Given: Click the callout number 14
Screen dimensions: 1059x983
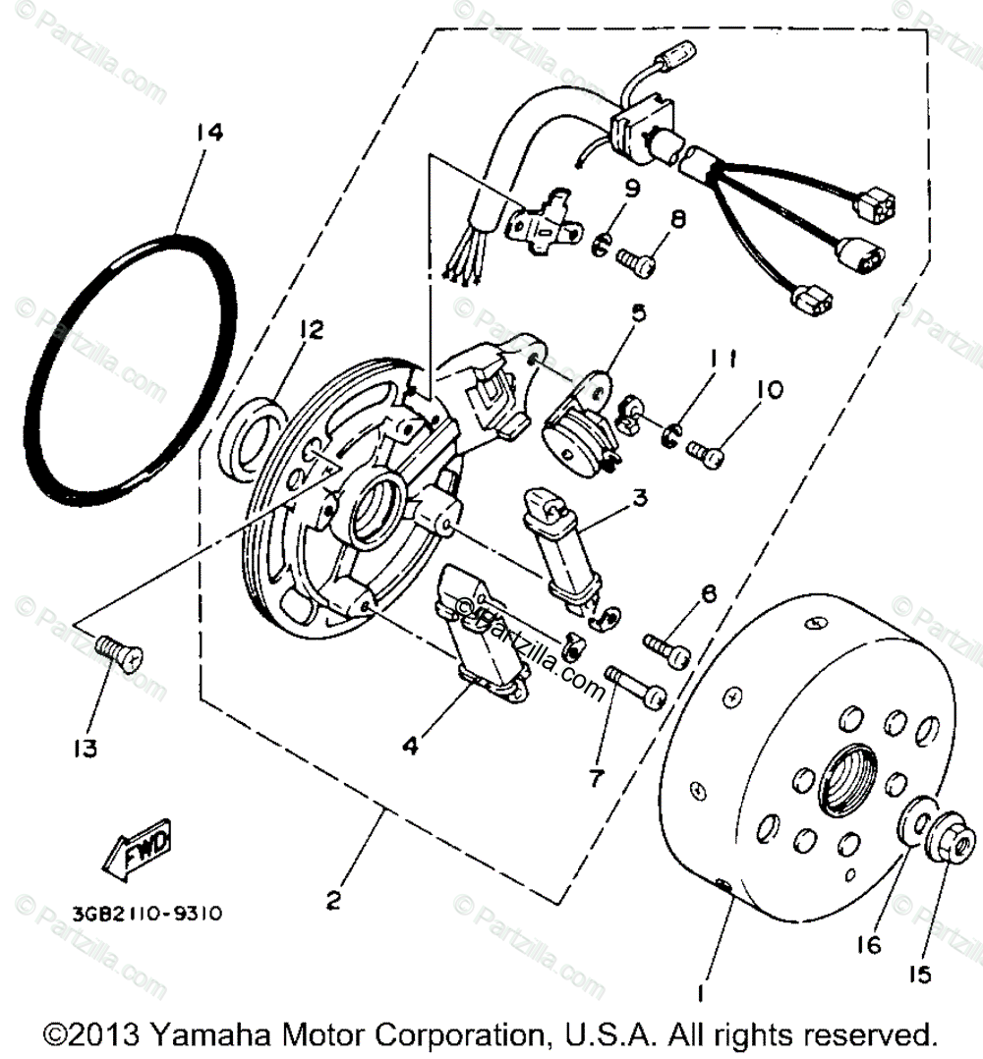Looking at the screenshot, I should [x=208, y=133].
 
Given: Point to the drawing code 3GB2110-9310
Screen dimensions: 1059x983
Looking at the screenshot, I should [x=146, y=913].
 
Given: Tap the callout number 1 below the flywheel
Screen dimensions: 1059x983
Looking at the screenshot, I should [x=700, y=994].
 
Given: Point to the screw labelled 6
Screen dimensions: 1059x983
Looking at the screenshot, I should [x=667, y=647].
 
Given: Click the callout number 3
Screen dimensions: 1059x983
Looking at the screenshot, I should [x=640, y=498].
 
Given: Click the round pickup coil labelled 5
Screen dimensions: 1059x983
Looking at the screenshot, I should [x=575, y=423].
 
